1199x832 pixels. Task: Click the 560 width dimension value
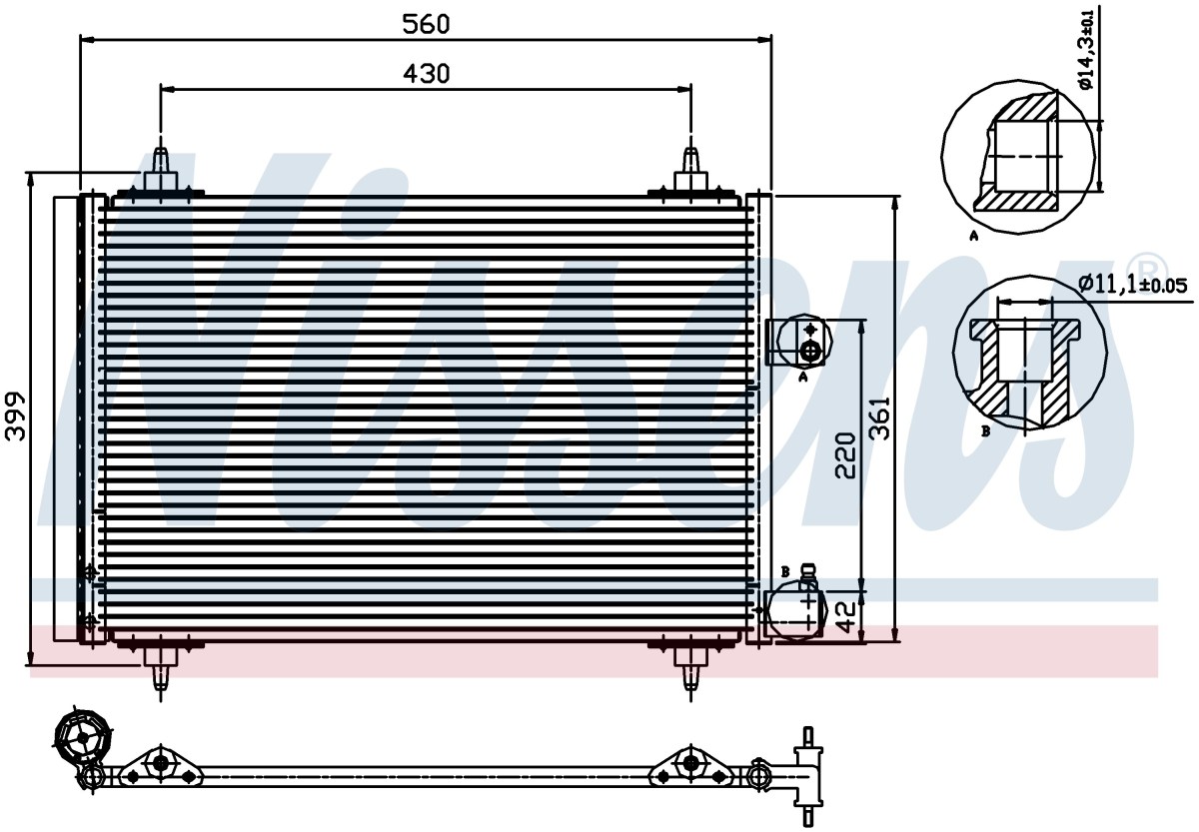tap(426, 24)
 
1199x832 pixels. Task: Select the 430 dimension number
tap(427, 74)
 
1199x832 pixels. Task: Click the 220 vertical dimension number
tap(845, 454)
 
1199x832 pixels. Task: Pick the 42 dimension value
tap(845, 617)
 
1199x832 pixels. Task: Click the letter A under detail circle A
tap(973, 235)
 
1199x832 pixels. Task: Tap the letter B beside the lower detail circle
tap(985, 430)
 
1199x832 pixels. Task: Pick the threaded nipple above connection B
tap(807, 576)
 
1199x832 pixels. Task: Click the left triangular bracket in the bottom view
tap(160, 766)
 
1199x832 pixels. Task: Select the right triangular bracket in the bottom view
tap(690, 766)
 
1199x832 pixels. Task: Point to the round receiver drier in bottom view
tap(83, 738)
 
